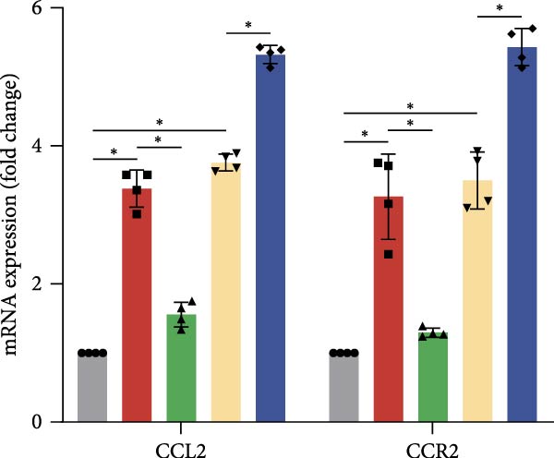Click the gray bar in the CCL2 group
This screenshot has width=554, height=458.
pyautogui.click(x=92, y=388)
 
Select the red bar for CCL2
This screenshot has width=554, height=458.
pyautogui.click(x=137, y=306)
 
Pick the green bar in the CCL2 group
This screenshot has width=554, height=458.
pyautogui.click(x=181, y=368)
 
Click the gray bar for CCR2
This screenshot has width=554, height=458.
pyautogui.click(x=344, y=388)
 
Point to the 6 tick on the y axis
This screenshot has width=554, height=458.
pyautogui.click(x=47, y=8)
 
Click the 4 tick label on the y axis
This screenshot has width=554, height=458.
pyautogui.click(x=47, y=147)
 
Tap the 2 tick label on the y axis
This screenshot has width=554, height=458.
pyautogui.click(x=47, y=284)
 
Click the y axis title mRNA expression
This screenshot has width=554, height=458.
pyautogui.click(x=16, y=213)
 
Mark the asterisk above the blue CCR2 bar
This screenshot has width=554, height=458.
pyautogui.click(x=500, y=9)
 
